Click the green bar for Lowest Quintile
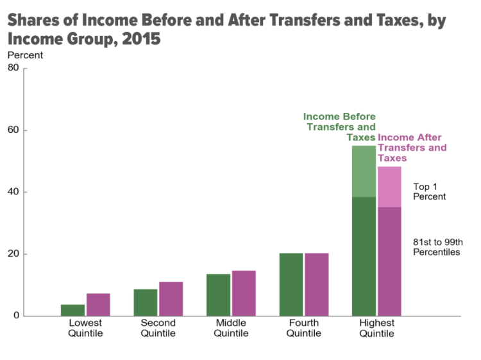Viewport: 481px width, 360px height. [72, 310]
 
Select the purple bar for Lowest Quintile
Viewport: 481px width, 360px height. [98, 305]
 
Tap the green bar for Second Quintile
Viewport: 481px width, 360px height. [146, 302]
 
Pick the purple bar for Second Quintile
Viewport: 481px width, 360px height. [171, 299]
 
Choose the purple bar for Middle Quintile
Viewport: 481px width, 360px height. [244, 293]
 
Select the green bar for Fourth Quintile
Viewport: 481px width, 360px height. [291, 284]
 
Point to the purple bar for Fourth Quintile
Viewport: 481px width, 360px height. [317, 284]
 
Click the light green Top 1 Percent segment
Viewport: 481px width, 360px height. [364, 171]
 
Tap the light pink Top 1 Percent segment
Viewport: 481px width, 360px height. [389, 187]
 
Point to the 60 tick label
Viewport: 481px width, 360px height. [13, 130]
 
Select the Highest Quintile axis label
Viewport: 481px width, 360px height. [376, 328]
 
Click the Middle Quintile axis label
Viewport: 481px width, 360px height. [231, 328]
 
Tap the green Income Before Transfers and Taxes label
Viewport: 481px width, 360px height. [340, 126]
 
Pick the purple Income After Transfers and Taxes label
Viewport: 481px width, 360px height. [412, 148]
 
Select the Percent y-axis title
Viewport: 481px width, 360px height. [25, 55]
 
